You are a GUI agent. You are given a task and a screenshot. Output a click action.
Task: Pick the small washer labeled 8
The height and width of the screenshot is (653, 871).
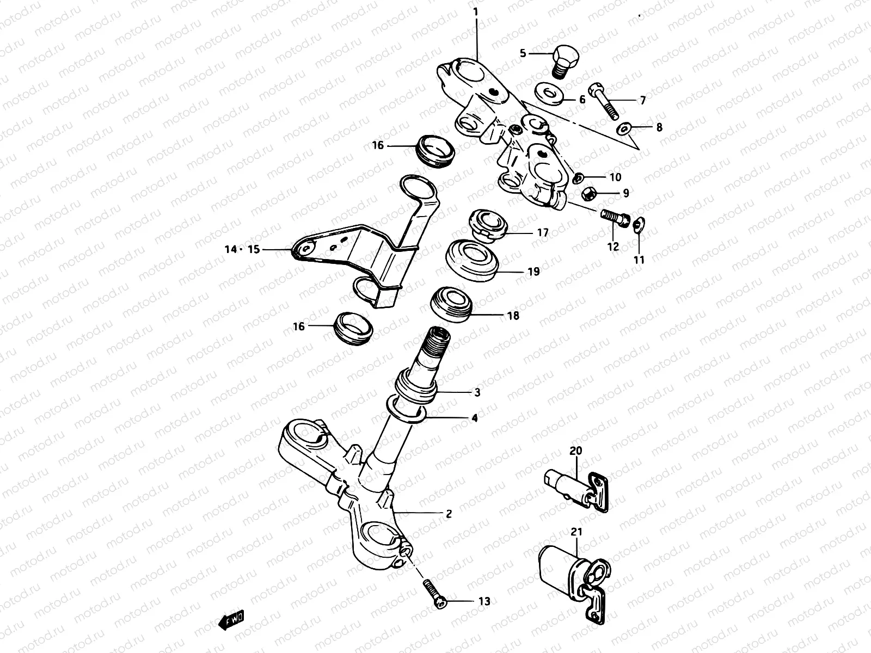point(624,129)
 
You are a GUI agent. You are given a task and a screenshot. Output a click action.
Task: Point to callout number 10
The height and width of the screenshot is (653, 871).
point(615,177)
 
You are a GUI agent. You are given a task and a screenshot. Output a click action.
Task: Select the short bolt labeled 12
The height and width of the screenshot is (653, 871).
point(614,217)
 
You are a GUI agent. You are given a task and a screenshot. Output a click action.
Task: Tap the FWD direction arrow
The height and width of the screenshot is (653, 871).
point(232,619)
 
